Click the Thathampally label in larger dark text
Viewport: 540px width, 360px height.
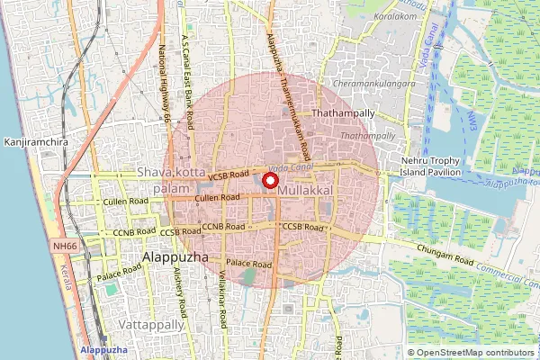click(341, 114)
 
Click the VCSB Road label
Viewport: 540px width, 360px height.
click(228, 176)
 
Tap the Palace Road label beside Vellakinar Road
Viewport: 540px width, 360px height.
click(249, 265)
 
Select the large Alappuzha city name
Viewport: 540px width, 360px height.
click(175, 256)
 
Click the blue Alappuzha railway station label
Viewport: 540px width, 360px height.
click(103, 349)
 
